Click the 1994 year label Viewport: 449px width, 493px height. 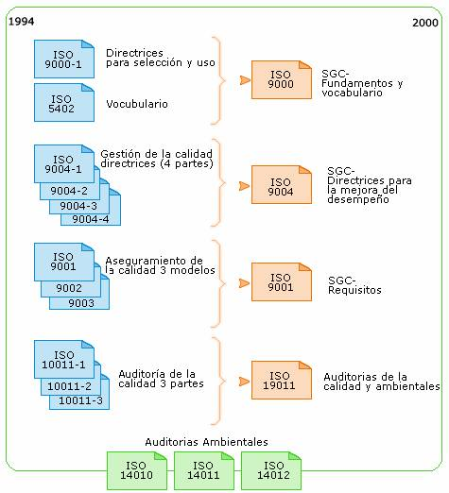tap(21, 22)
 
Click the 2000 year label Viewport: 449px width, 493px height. tap(425, 23)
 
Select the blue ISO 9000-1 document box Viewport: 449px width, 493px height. tap(64, 59)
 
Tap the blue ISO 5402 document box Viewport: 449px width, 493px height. tap(64, 102)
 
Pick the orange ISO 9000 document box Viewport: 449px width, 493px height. tap(282, 79)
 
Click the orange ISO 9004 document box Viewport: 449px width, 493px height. tap(282, 185)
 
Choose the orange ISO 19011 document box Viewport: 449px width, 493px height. tap(282, 380)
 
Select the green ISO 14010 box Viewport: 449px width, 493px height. tap(137, 470)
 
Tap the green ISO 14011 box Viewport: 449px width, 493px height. tap(204, 470)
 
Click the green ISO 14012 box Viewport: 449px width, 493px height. tap(271, 470)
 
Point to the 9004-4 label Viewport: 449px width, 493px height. tap(91, 219)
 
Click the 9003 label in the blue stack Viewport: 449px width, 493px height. tap(81, 303)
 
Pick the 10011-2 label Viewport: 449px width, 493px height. tap(69, 386)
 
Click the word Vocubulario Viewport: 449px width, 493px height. tap(137, 104)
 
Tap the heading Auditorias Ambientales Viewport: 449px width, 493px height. tap(206, 442)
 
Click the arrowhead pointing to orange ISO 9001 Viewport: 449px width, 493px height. tap(245, 283)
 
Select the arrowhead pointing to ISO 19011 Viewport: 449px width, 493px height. tap(245, 382)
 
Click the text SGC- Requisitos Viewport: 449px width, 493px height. tap(354, 285)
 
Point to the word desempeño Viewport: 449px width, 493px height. tap(358, 199)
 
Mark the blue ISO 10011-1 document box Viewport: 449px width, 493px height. tap(64, 359)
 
